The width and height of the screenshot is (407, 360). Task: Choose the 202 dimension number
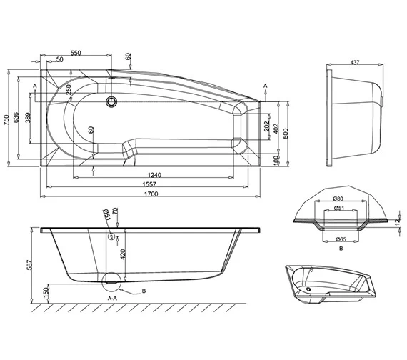tap(265, 128)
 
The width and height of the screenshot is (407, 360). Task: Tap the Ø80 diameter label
tap(339, 199)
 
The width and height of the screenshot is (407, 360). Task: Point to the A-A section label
tap(112, 296)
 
